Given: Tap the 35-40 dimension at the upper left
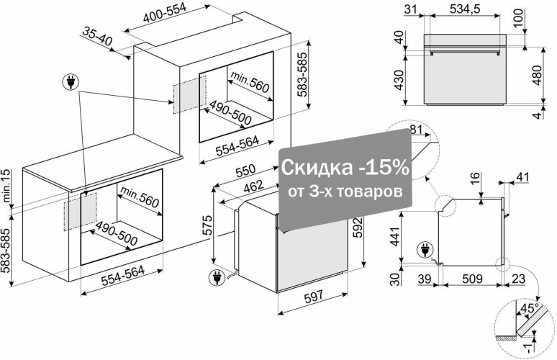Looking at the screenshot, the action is (97, 36).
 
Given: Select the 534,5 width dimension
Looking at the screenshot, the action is (465, 9).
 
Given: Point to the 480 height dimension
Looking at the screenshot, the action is (538, 75).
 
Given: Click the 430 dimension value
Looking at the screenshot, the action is (399, 80).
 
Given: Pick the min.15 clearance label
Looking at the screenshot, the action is (6, 186).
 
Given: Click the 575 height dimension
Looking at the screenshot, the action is (207, 225).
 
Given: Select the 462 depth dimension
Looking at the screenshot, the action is (253, 186).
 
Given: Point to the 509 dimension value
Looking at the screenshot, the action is (473, 279).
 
